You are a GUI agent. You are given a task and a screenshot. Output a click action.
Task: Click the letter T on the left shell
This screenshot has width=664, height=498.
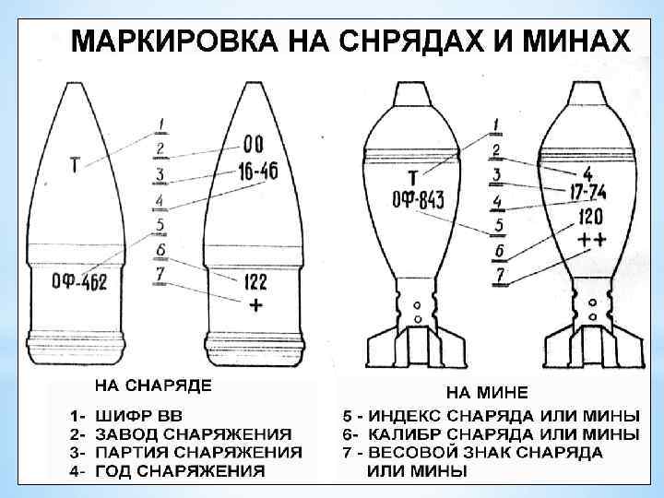tap(74, 165)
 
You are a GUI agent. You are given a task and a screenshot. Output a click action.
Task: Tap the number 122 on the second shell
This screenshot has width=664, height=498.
tap(256, 282)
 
